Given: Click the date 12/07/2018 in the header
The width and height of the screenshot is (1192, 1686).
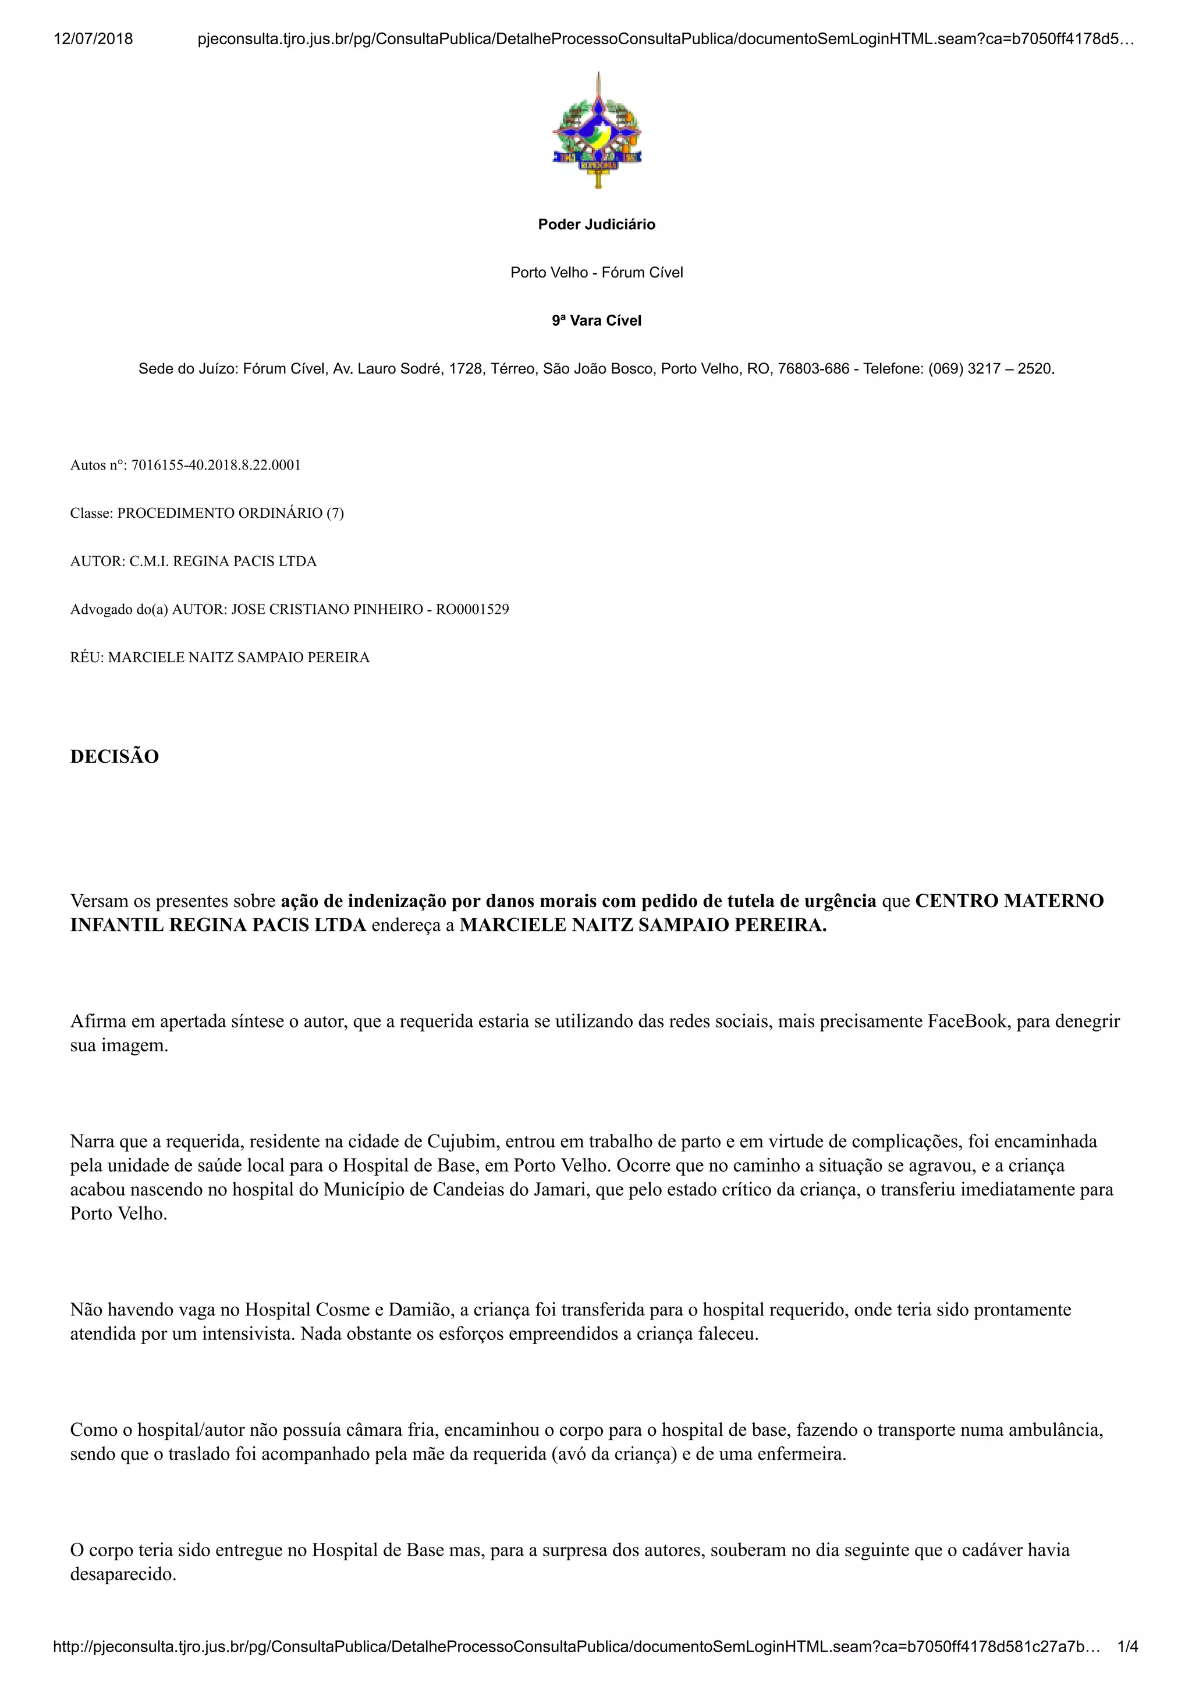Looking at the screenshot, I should (x=93, y=39).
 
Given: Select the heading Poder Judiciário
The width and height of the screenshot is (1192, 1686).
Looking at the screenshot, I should (x=597, y=225).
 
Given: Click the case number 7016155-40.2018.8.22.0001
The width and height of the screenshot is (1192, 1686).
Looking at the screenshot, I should (x=216, y=465).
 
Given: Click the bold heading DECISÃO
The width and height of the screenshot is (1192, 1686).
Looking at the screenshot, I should (x=115, y=757).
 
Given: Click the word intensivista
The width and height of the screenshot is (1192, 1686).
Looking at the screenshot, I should (x=247, y=1334).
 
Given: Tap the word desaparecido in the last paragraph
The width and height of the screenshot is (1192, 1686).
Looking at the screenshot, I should (x=123, y=1574).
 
